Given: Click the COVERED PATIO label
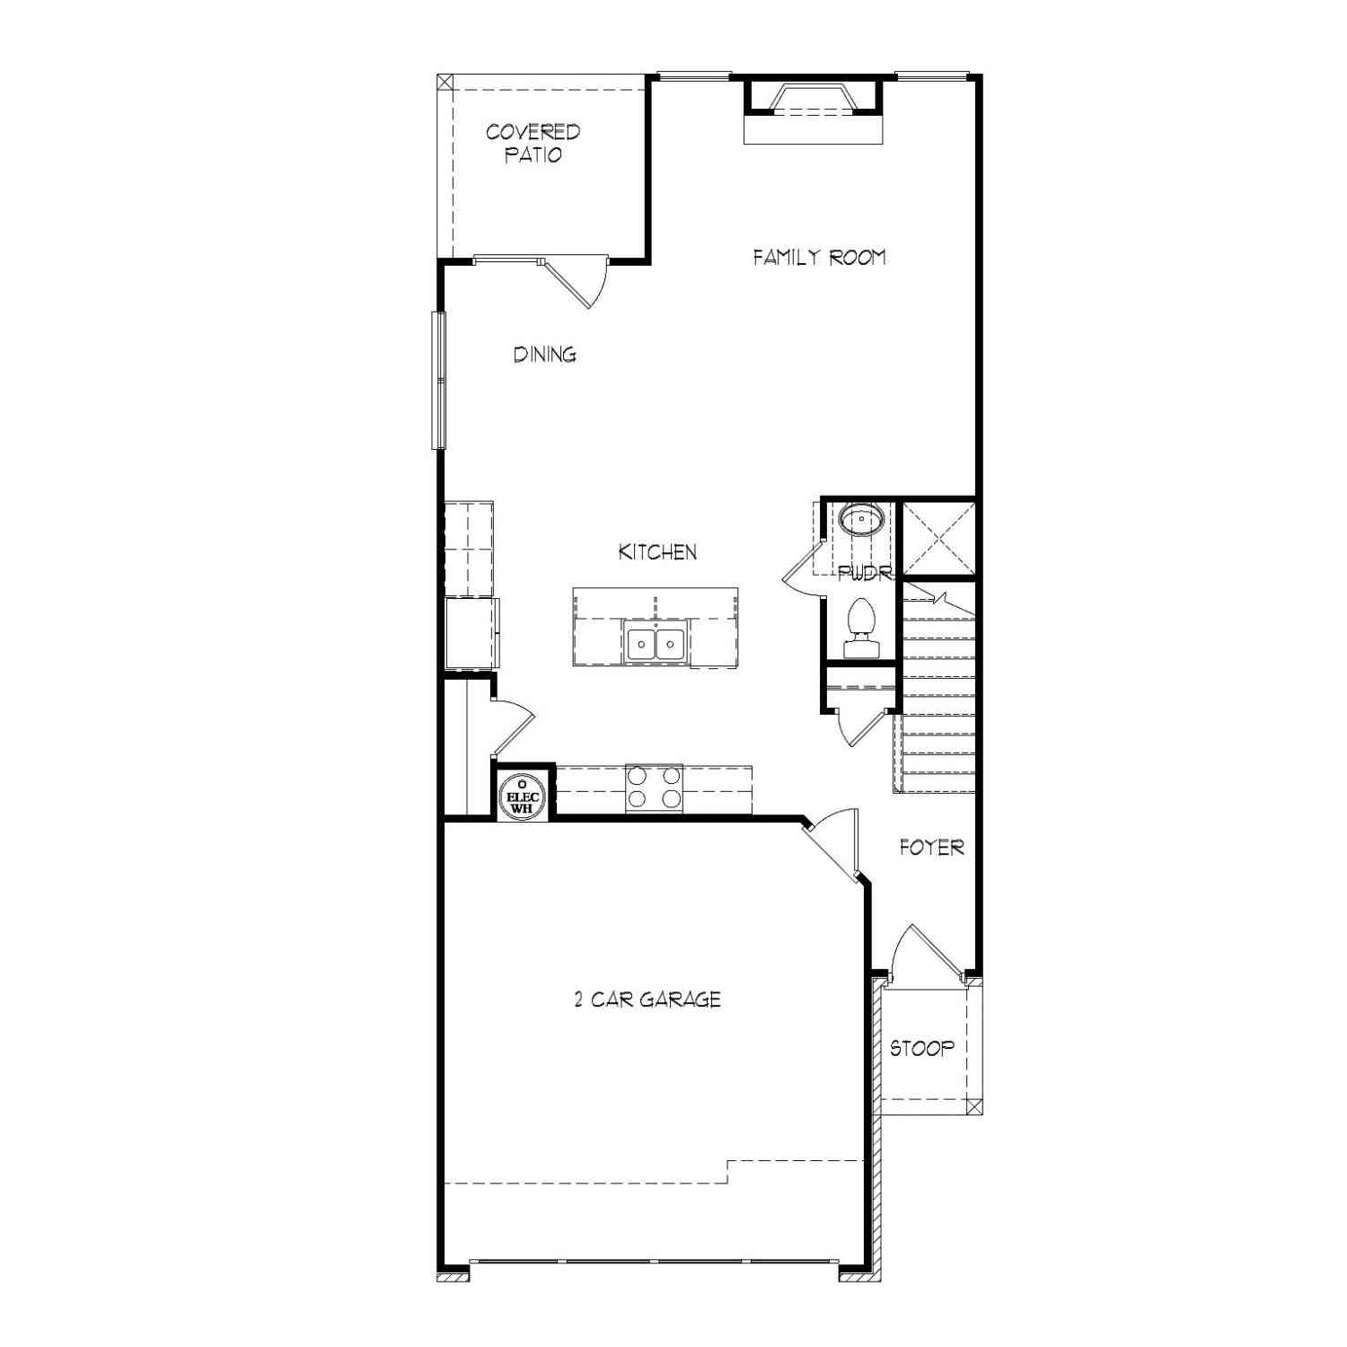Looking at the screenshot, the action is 533,144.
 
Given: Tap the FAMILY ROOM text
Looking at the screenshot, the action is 819,258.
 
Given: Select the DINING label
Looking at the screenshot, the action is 545,355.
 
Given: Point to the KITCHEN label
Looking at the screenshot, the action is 657,552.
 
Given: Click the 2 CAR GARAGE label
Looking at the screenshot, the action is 647,999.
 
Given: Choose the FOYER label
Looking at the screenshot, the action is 932,847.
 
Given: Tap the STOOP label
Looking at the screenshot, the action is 922,1048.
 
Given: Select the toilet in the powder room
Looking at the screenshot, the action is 861,628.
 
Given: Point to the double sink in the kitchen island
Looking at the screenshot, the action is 656,642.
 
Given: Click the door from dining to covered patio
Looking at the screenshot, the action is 575,281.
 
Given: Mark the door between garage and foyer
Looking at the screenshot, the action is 832,844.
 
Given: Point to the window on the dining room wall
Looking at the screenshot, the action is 438,379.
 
